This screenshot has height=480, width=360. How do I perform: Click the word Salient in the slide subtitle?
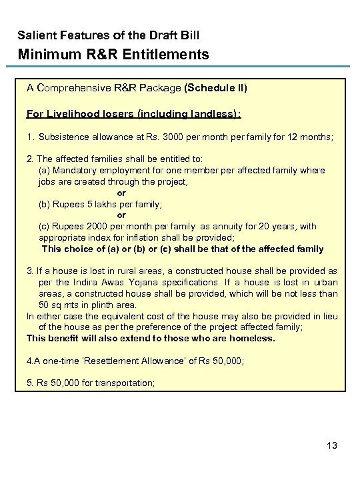coord(34,35)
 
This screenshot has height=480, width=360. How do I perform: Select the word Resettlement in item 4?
coord(113,361)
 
